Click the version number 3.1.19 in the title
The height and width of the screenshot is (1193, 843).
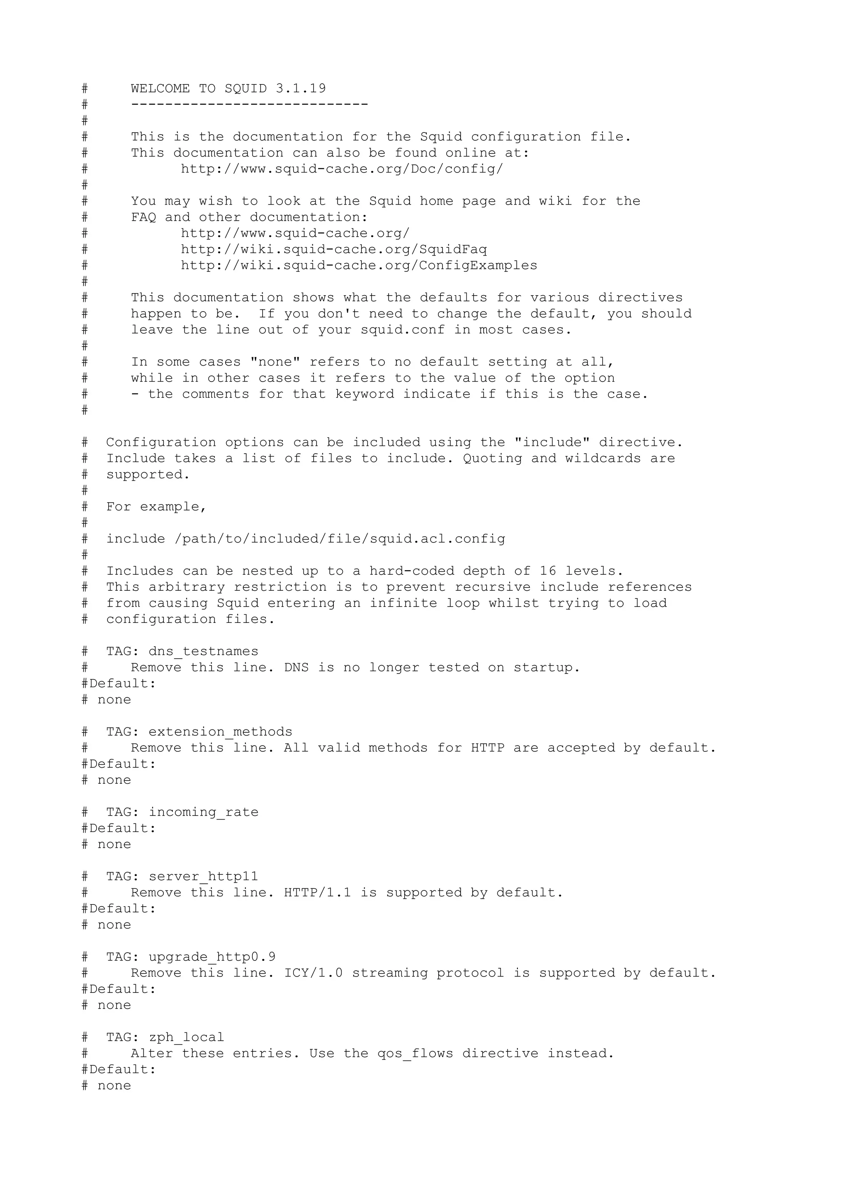pos(301,89)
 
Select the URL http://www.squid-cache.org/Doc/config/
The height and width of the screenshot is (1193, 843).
pos(342,169)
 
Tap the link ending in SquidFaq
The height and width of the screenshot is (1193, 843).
pos(333,249)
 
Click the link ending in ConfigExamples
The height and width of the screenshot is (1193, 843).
pos(359,266)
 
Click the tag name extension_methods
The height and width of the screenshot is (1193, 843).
pos(220,732)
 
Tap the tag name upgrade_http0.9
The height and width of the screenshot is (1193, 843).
pos(212,957)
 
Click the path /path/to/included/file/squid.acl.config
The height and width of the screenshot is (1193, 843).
pos(340,539)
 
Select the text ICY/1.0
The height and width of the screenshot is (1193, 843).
pos(313,973)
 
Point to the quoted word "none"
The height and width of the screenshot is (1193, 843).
pos(275,362)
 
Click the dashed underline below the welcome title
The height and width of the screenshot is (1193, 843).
pos(249,105)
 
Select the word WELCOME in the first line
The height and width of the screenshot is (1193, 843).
pos(161,89)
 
